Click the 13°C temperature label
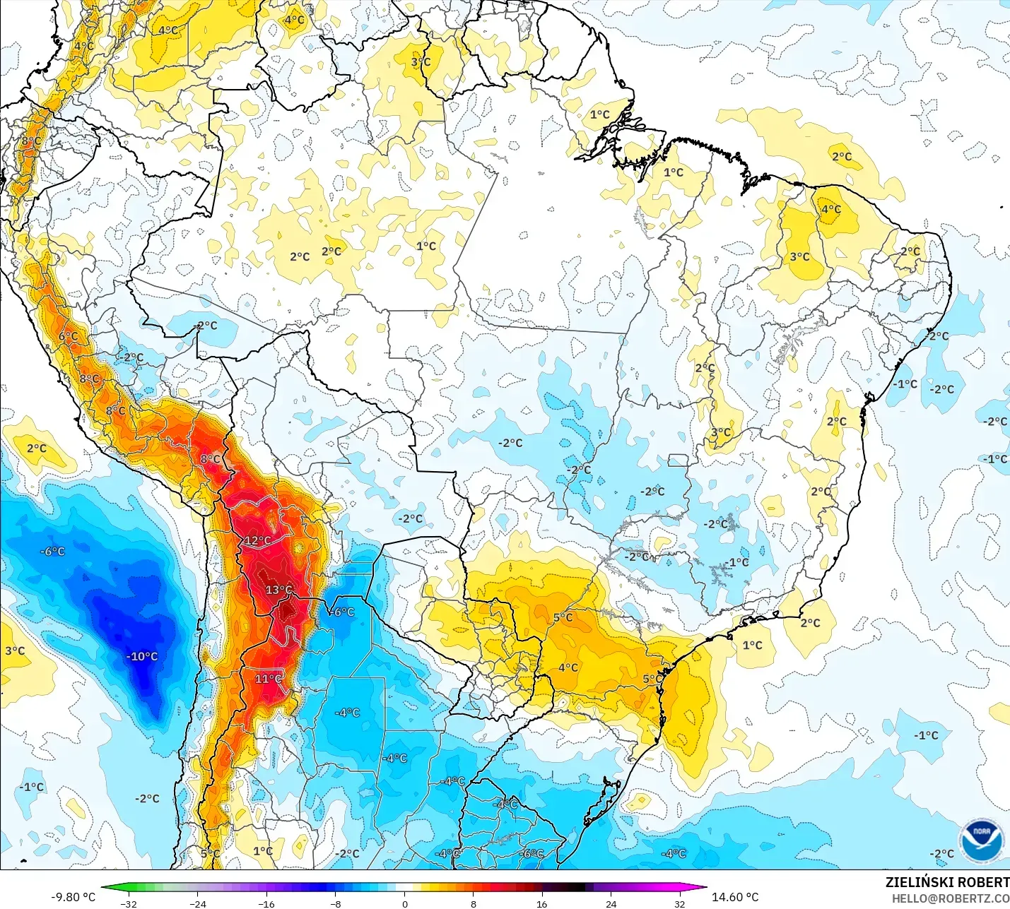pos(278,590)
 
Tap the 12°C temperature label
pos(257,540)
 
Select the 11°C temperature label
pos(268,679)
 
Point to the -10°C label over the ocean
pos(142,656)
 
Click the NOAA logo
pos(981,840)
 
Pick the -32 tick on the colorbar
pos(129,903)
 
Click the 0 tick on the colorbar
pos(404,903)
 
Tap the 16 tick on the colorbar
pos(541,903)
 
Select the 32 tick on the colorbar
pos(679,903)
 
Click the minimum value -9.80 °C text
pos(73,897)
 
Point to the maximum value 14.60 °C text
pos(735,897)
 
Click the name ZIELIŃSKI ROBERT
pos(947,882)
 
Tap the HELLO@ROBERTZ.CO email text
pos(950,898)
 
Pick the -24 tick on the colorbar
pos(198,903)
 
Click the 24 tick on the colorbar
pos(611,903)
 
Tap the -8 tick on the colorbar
pos(336,903)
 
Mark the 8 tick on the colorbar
pos(473,903)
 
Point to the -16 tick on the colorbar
pos(266,903)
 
